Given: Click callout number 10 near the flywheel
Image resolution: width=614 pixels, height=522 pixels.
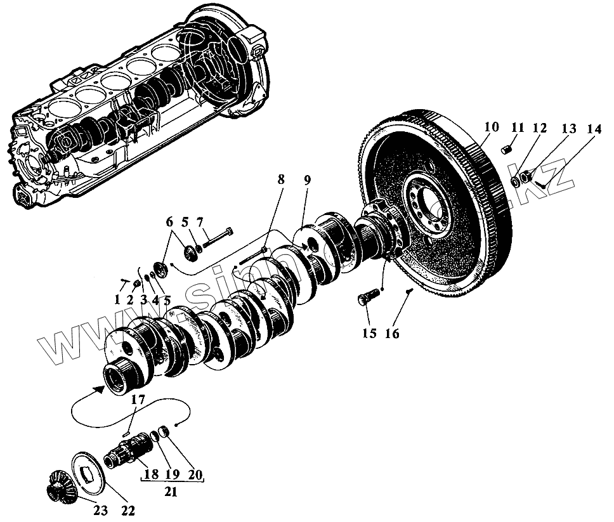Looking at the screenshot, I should click(x=492, y=127).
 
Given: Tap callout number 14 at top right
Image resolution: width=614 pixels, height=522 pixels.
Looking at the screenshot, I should click(x=594, y=129).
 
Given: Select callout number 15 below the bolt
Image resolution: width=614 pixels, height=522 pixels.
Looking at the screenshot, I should click(x=369, y=334).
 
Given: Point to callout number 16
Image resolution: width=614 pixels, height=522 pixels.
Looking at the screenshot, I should click(x=392, y=334).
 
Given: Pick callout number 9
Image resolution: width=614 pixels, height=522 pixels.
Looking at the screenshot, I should click(x=307, y=181).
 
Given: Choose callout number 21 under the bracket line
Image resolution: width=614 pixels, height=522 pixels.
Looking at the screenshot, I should click(x=171, y=490).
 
